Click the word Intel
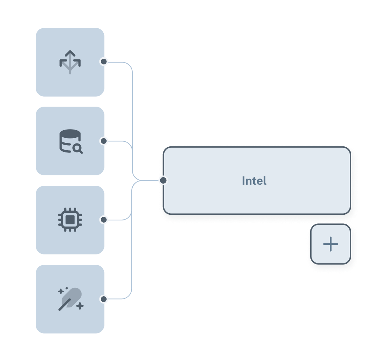254,181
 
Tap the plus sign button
330,244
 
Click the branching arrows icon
70,62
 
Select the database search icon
70,141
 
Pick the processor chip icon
70,220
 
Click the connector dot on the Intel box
163,180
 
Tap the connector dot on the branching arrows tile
104,62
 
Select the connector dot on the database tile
104,141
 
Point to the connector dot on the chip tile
104,220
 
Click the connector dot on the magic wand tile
104,299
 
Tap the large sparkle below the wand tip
80,306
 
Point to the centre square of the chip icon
70,220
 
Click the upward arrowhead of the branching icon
70,53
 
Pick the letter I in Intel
244,181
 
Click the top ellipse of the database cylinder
70,133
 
